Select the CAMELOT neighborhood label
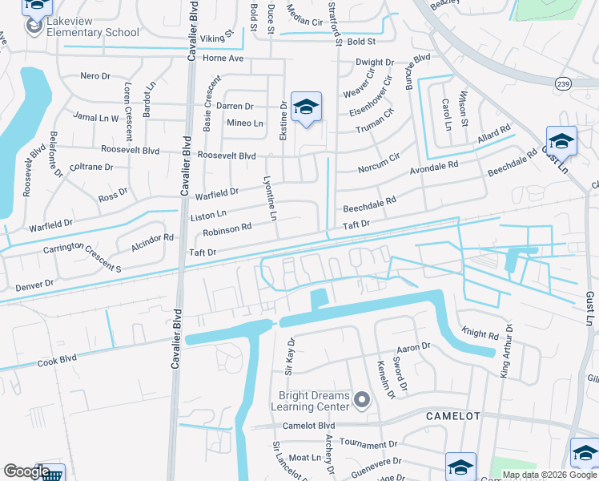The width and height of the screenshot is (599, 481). click(x=452, y=416)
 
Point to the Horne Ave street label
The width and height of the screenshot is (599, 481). click(x=223, y=58)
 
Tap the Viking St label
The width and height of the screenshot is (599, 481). click(x=216, y=36)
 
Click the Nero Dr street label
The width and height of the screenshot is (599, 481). click(x=95, y=76)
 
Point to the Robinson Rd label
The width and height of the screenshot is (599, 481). click(x=227, y=229)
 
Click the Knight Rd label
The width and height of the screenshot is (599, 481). click(x=480, y=331)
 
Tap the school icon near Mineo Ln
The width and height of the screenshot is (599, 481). click(x=306, y=107)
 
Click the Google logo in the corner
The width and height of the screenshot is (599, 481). click(x=26, y=471)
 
